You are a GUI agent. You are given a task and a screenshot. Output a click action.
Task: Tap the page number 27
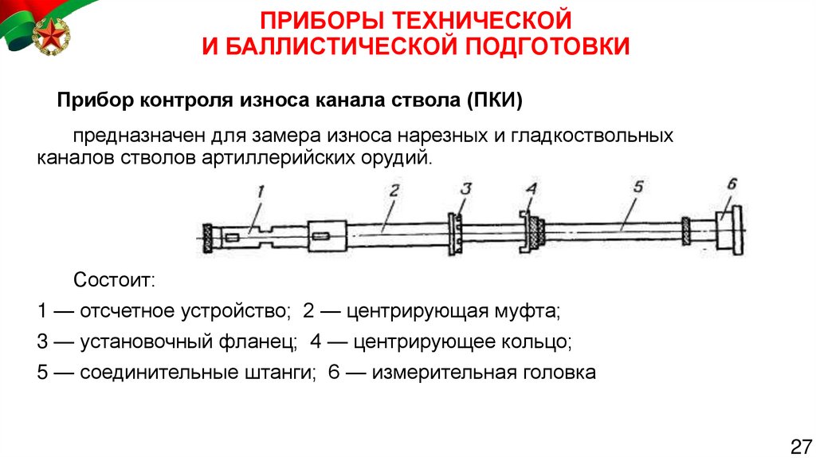click(799, 444)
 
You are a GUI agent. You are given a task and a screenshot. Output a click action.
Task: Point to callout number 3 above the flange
click(466, 190)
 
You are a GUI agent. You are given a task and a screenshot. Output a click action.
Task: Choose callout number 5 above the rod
click(636, 188)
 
